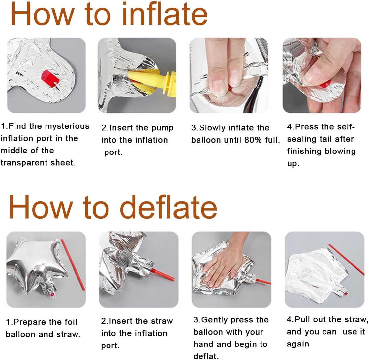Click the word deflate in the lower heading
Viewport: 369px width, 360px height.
pyautogui.click(x=169, y=207)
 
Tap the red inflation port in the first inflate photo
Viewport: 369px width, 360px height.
pyautogui.click(x=50, y=78)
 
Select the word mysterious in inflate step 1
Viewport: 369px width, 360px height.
pyautogui.click(x=67, y=126)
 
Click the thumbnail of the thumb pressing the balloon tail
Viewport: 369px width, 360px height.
pyautogui.click(x=322, y=75)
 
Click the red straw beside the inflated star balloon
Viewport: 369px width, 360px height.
pyautogui.click(x=73, y=264)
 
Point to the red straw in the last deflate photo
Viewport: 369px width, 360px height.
pyautogui.click(x=346, y=259)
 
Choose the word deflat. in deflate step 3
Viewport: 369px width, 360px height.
pyautogui.click(x=206, y=356)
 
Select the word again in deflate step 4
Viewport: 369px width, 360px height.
pyautogui.click(x=298, y=344)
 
